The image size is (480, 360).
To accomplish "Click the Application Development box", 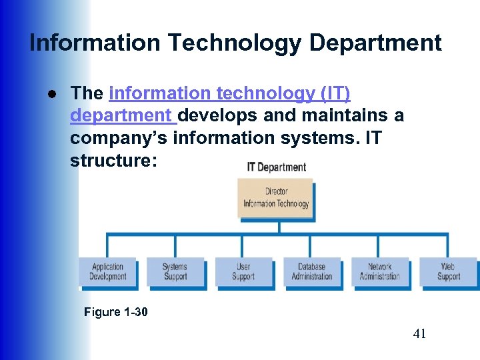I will pos(108,272).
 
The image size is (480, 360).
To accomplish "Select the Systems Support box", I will pos(175,272).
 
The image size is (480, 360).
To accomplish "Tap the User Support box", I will pos(243,272).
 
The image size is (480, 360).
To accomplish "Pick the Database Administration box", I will pos(311,272).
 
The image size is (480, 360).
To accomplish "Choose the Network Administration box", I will pos(379,272).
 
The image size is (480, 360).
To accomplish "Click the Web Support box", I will pos(448,272).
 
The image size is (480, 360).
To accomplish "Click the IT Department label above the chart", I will pos(276,167).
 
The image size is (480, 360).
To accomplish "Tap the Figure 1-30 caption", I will pos(116,311).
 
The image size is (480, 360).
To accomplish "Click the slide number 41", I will pos(419,334).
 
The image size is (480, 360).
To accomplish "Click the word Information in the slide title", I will pos(95,43).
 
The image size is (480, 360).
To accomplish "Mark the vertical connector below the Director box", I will pos(279,227).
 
